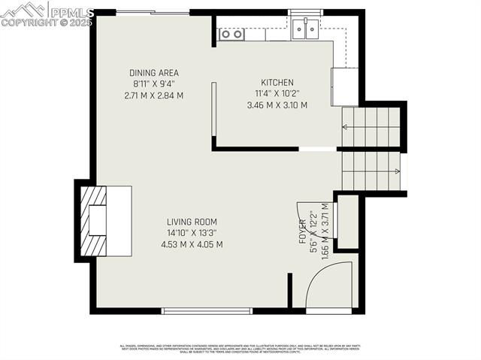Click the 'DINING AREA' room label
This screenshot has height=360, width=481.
click(x=153, y=73)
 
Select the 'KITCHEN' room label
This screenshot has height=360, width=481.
click(x=277, y=83)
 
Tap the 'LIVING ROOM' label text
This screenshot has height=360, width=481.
click(x=192, y=222)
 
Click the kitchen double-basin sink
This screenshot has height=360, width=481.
click(x=305, y=29)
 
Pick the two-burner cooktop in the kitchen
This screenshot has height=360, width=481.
click(x=231, y=34)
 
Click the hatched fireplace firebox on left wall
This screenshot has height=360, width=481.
click(x=91, y=222)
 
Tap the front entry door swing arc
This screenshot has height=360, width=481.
click(x=329, y=286)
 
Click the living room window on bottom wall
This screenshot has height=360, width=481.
click(x=207, y=310)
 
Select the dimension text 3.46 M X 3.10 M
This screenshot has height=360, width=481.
click(x=277, y=105)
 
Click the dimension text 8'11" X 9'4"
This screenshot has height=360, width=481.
click(x=153, y=84)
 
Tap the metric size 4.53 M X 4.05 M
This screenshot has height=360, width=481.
click(x=192, y=244)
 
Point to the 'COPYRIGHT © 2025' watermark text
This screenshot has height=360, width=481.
click(x=47, y=23)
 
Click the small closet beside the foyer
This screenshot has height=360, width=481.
click(x=348, y=222)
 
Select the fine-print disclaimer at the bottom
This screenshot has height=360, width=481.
click(x=240, y=348)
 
